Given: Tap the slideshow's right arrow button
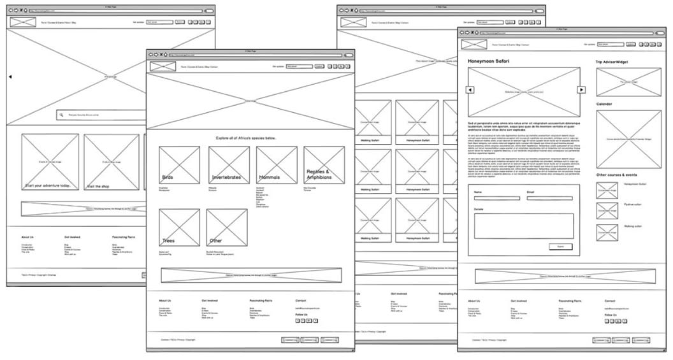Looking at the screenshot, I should [x=581, y=90].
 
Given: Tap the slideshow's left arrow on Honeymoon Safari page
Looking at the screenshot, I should [x=470, y=90].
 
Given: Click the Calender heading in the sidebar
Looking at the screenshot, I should [x=605, y=104].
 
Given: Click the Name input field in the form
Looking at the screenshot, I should [x=496, y=198].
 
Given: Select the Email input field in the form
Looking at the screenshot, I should [x=550, y=198].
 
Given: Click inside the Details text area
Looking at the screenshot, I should [x=524, y=226].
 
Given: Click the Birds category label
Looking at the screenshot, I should [x=168, y=178].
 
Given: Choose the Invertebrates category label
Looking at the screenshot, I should [x=226, y=178].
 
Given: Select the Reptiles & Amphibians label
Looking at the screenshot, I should [x=318, y=175].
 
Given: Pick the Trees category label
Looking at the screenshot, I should [x=168, y=241].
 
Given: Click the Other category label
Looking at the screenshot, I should [x=215, y=241].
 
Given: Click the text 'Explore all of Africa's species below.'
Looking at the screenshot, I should [x=245, y=138].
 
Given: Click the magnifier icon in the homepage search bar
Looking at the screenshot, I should [x=61, y=115].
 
